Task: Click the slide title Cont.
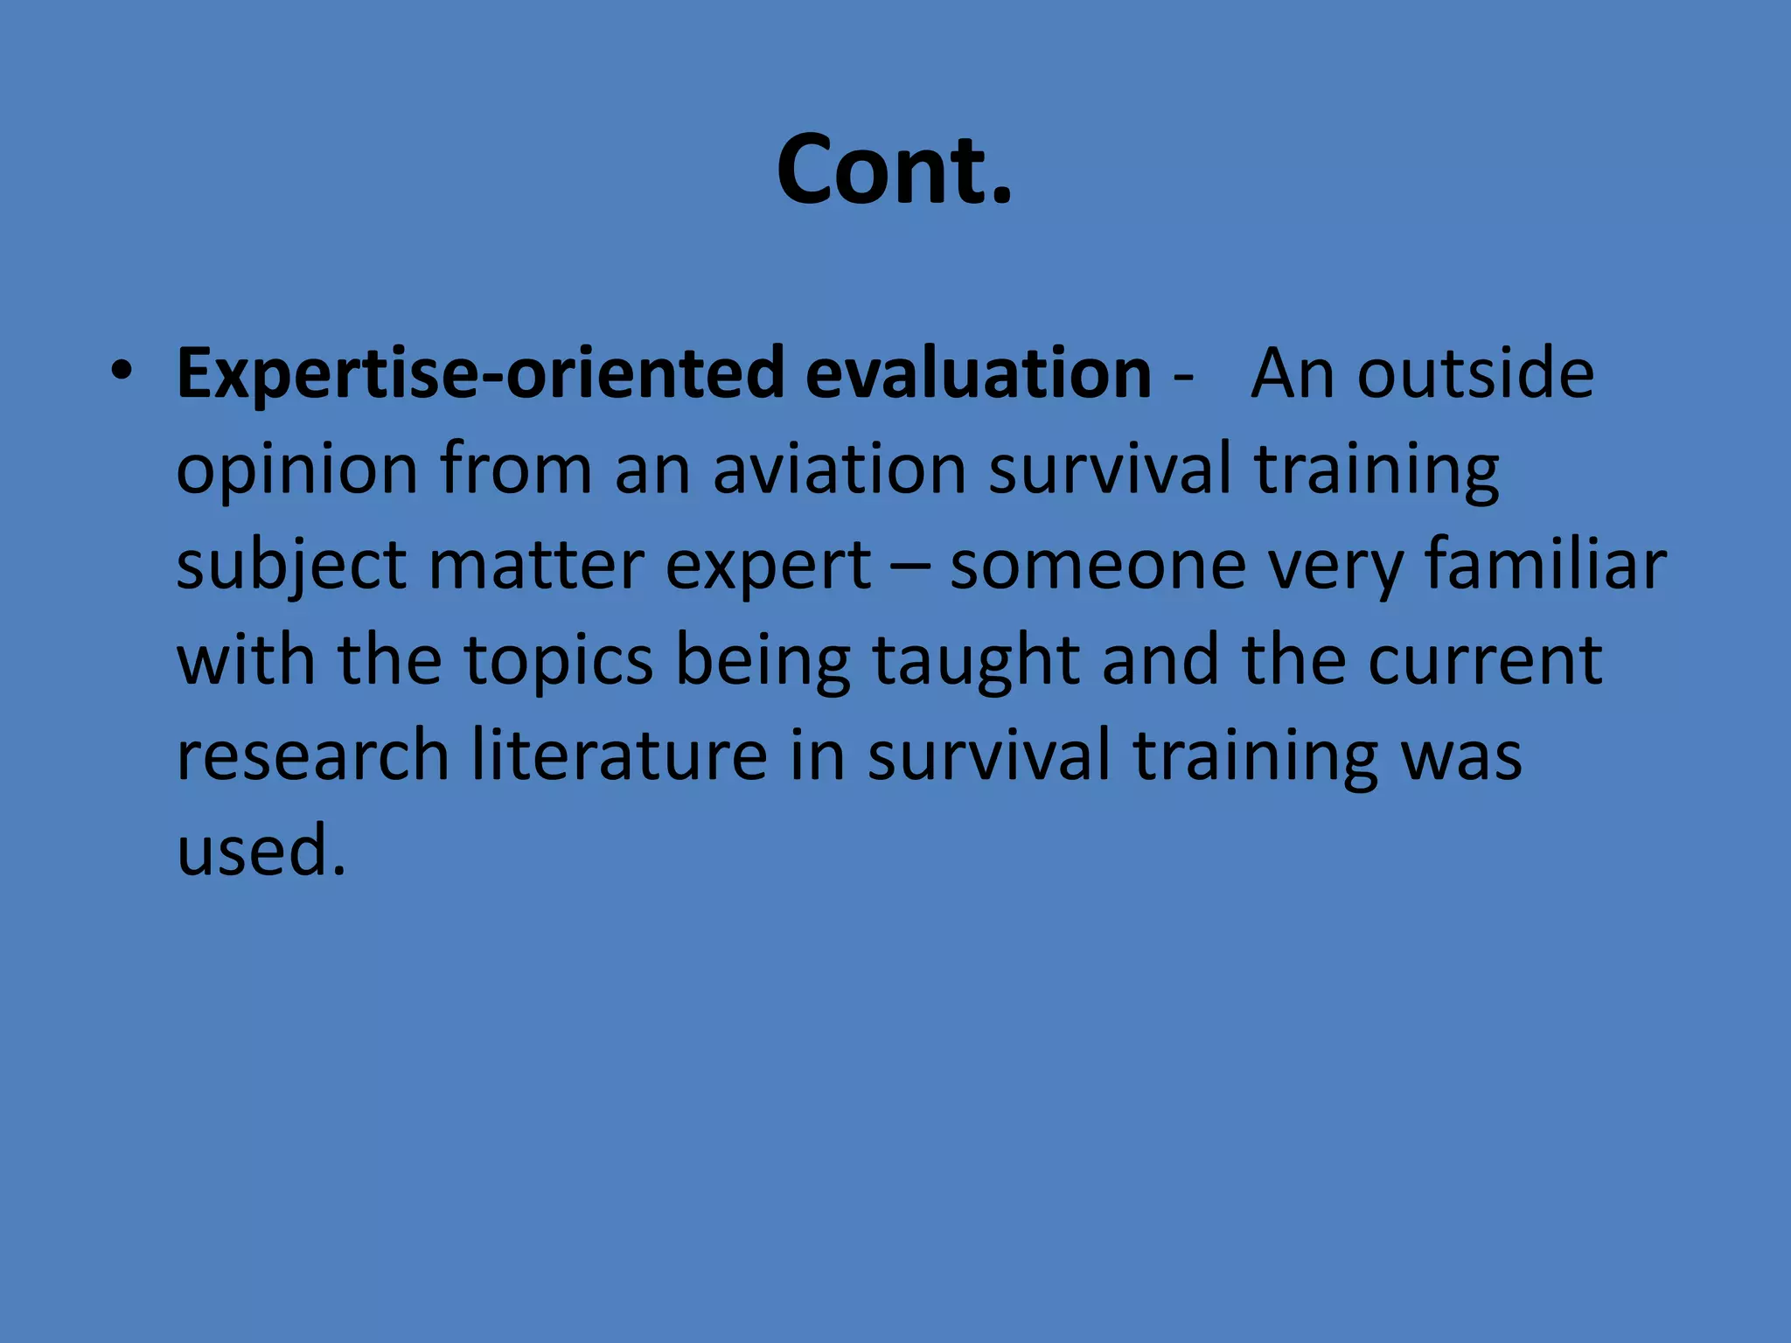tap(894, 170)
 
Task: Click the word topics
tap(559, 661)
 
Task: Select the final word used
tap(261, 850)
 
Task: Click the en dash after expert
tap(910, 566)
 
